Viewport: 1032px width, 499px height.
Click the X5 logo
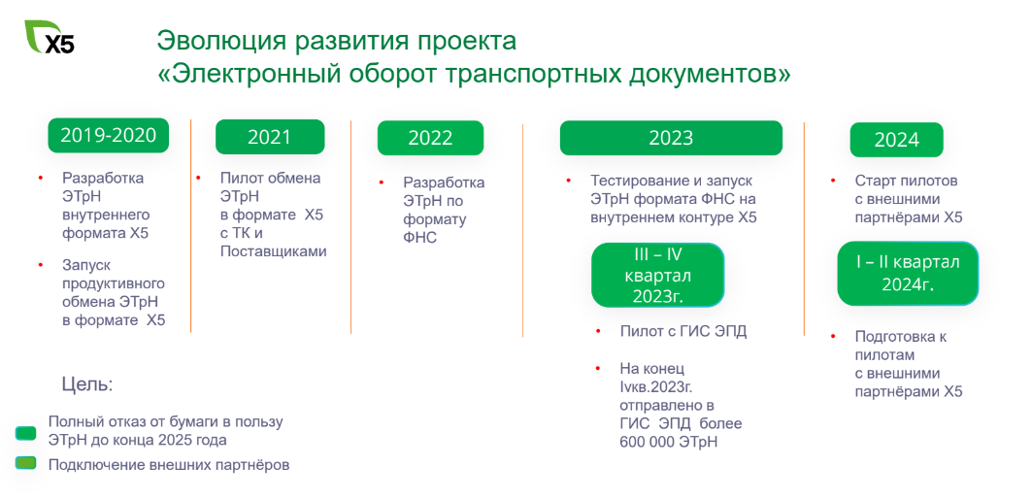pyautogui.click(x=50, y=37)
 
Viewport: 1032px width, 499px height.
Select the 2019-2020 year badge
pyautogui.click(x=109, y=135)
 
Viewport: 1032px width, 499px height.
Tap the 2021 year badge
pyautogui.click(x=270, y=137)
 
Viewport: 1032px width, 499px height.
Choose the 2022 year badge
pyautogui.click(x=430, y=138)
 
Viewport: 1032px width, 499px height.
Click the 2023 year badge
pyautogui.click(x=671, y=138)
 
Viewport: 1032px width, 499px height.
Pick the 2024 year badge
pyautogui.click(x=896, y=140)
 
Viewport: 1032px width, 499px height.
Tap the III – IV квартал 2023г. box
pyautogui.click(x=657, y=275)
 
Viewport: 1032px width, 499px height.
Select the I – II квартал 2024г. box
pyautogui.click(x=909, y=273)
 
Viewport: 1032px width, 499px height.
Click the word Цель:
pyautogui.click(x=87, y=384)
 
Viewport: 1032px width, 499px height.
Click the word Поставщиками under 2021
pyautogui.click(x=273, y=251)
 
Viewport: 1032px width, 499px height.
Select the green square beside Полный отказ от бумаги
pyautogui.click(x=25, y=433)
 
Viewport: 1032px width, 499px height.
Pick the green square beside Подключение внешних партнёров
pyautogui.click(x=25, y=463)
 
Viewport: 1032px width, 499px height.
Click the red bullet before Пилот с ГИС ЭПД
pyautogui.click(x=598, y=331)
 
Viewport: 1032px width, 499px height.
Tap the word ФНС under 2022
pyautogui.click(x=420, y=238)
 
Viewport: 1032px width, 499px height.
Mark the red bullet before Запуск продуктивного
pyautogui.click(x=40, y=265)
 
